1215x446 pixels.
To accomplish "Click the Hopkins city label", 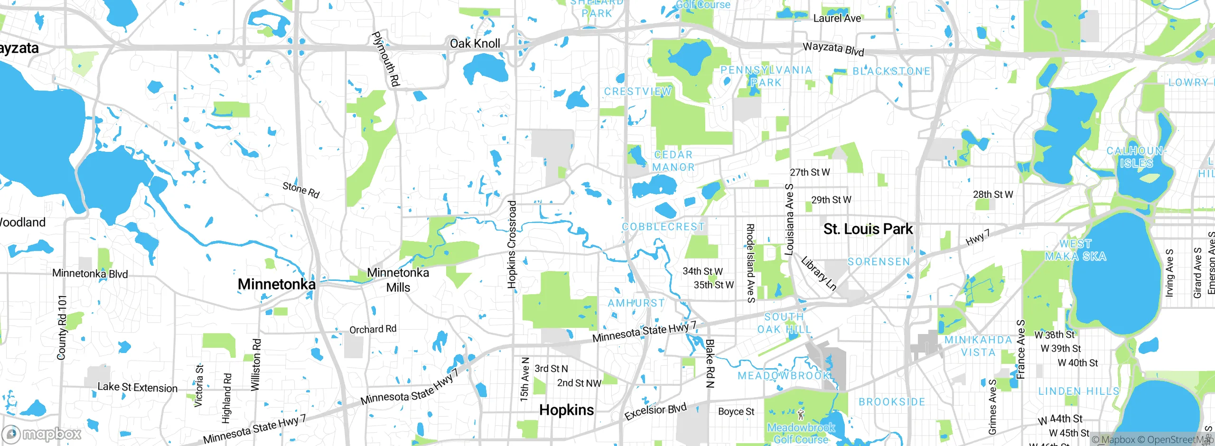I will pos(566,410).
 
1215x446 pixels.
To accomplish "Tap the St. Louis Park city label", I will pos(868,229).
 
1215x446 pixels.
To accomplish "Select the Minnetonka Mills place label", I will pos(398,280).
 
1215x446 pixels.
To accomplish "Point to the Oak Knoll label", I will pos(475,44).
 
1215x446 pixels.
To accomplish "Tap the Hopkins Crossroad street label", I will pos(512,244).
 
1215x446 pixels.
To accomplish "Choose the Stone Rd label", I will pos(301,190).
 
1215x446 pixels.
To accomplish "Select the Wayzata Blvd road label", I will pos(833,48).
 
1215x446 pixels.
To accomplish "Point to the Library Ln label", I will pos(818,273).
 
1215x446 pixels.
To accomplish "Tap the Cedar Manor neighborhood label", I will pos(673,161).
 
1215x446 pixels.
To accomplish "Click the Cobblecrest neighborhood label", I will pos(663,227).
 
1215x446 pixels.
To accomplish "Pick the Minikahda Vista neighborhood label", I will pos(978,346).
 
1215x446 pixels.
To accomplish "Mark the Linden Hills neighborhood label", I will pos(1078,391).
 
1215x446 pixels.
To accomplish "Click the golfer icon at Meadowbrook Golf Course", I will pos(801,415).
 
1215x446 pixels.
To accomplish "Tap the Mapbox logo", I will pos(42,434).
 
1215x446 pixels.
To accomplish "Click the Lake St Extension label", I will pos(137,387).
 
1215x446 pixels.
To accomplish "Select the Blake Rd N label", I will pos(710,363).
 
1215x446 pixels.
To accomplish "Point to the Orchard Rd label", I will pos(373,329).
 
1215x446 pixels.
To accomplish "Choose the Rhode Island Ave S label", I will pos(750,263).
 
